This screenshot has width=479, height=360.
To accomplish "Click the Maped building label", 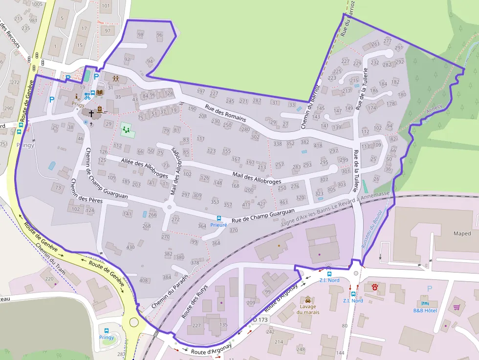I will (x=462, y=233).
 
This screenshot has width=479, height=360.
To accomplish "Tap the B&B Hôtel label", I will (x=425, y=310).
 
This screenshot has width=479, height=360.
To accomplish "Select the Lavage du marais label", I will (x=307, y=309).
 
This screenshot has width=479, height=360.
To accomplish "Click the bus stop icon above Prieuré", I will (x=219, y=218).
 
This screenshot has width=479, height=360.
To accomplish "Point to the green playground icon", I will (x=127, y=129).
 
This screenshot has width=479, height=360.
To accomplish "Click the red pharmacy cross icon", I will (x=375, y=287).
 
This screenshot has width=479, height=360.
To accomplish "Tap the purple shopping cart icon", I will (x=457, y=307).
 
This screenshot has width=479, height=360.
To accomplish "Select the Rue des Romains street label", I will (x=225, y=113).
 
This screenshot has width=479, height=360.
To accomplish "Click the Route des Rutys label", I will (x=195, y=301).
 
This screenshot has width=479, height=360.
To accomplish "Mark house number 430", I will (x=131, y=247).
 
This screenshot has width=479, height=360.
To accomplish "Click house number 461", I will (x=283, y=202).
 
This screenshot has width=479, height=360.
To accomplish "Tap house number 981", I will (x=33, y=20).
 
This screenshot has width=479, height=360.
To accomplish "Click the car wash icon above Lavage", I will (x=307, y=299).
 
